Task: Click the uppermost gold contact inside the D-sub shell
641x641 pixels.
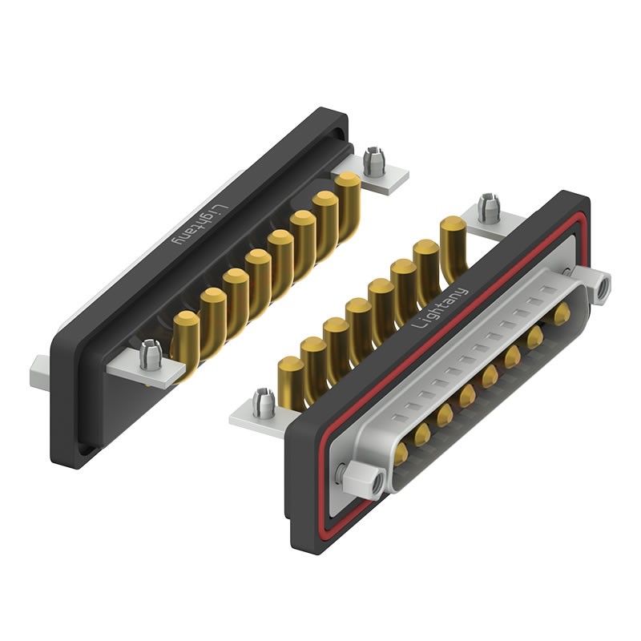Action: coord(561,313)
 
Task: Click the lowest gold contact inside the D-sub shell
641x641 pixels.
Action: coord(401,455)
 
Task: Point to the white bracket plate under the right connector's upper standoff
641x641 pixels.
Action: coord(489,228)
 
